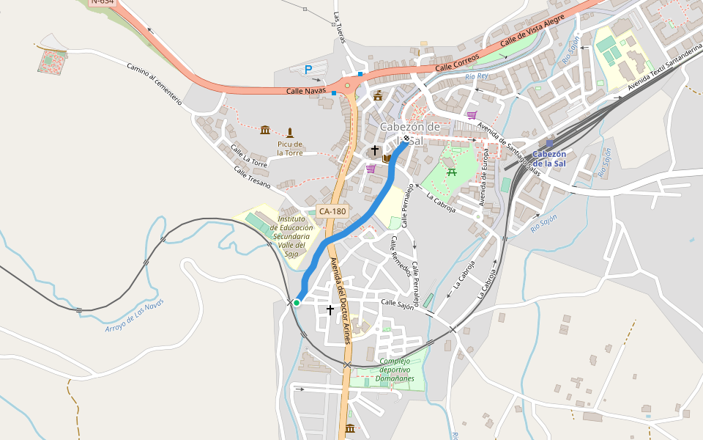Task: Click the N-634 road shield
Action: pyautogui.click(x=103, y=2)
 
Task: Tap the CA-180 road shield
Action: pyautogui.click(x=332, y=211)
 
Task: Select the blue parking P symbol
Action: pyautogui.click(x=308, y=70)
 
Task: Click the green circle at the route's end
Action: pyautogui.click(x=297, y=302)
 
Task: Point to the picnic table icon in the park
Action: pyautogui.click(x=451, y=172)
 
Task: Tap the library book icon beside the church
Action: pyautogui.click(x=386, y=158)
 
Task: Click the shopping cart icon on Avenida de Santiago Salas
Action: pyautogui.click(x=472, y=115)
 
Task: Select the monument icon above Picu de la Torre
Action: pyautogui.click(x=290, y=133)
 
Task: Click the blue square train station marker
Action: pyautogui.click(x=550, y=144)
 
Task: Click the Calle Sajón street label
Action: pyautogui.click(x=397, y=304)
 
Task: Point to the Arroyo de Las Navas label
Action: pyautogui.click(x=135, y=315)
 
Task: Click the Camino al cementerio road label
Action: pyautogui.click(x=154, y=83)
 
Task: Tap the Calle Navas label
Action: pyautogui.click(x=305, y=91)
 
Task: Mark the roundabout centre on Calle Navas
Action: pyautogui.click(x=348, y=85)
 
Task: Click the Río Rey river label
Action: pyautogui.click(x=476, y=76)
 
